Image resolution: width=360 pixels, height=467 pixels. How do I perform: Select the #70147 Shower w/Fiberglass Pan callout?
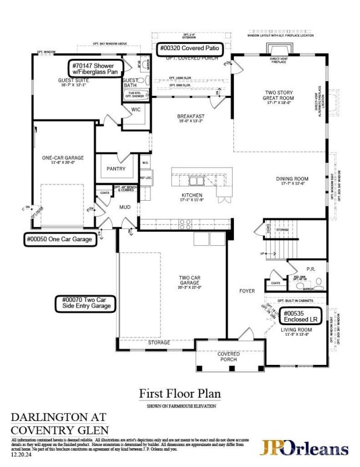coord(97,68)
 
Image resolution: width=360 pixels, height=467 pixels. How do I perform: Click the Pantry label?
coord(117,169)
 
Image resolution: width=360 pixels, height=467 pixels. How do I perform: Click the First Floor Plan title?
coord(180,394)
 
